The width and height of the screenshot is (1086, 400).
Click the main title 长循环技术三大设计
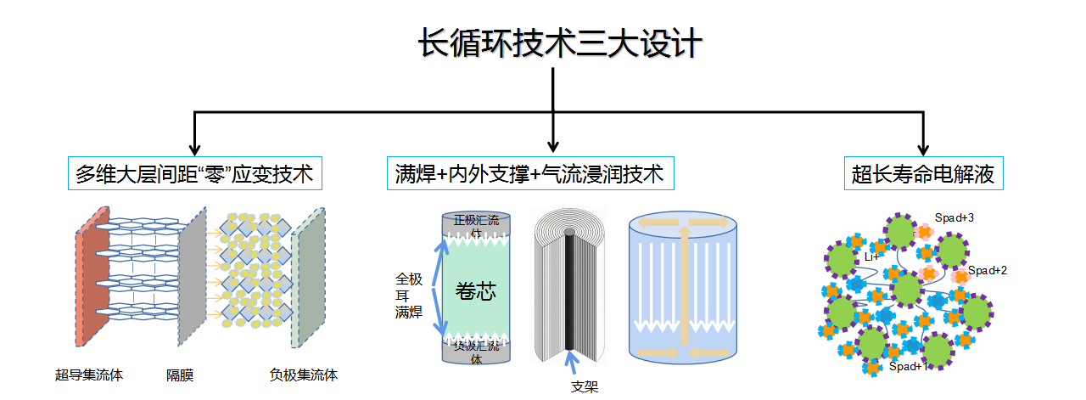[x=560, y=44]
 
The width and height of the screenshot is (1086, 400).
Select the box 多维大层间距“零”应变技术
[x=194, y=175]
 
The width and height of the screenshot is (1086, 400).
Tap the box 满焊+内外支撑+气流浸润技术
[x=529, y=175]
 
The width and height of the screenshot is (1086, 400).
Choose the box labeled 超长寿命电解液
[x=923, y=175]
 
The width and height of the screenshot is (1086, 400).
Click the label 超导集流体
[x=89, y=375]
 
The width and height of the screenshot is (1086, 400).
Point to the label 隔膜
[x=180, y=375]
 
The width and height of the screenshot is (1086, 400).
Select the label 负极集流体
[x=303, y=375]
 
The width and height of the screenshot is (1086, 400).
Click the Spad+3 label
[x=954, y=217]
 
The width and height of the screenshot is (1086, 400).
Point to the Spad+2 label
[x=988, y=270]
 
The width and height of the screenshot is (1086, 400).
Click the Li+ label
[x=871, y=256]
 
